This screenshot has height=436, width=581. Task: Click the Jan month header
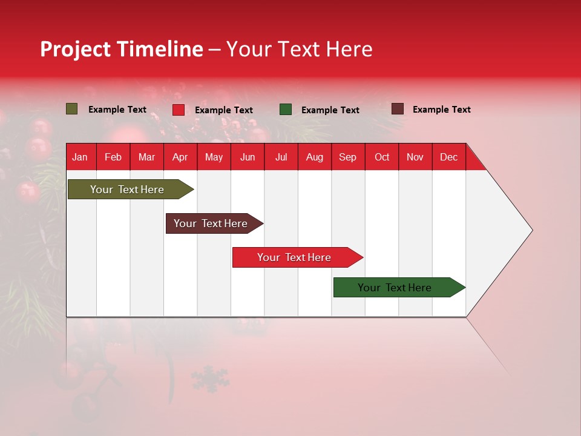(80, 157)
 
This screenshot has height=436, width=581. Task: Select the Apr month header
(180, 157)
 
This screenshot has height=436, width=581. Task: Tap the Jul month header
(281, 157)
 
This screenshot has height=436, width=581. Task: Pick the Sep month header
(347, 157)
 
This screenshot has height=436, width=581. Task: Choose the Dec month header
(448, 157)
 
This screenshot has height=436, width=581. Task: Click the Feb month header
(113, 157)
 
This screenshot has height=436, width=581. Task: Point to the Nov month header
(415, 157)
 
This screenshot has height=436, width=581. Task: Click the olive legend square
(72, 109)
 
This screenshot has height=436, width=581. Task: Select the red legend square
(179, 110)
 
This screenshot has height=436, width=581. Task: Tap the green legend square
(286, 110)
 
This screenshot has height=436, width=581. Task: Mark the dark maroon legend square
(397, 109)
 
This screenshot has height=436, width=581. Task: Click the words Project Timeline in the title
(122, 49)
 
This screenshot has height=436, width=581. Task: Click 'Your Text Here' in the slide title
(300, 49)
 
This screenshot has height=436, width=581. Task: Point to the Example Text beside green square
(330, 110)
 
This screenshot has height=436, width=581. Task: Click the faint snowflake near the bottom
(211, 380)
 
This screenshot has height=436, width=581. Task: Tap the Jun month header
(248, 157)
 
